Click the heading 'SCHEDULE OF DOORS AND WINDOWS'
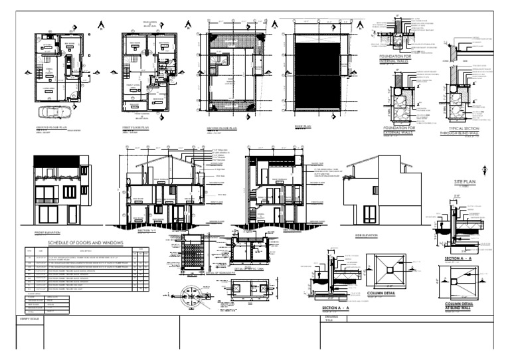click(x=82, y=244)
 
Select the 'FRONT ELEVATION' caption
click(x=47, y=233)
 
